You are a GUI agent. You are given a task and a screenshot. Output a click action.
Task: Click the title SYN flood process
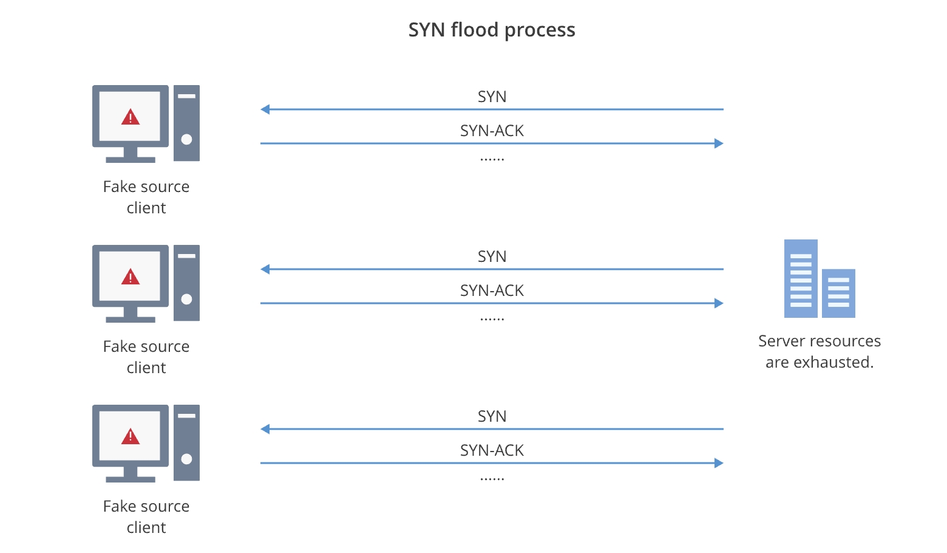pos(492,30)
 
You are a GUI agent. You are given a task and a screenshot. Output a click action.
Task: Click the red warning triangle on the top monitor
pos(131,117)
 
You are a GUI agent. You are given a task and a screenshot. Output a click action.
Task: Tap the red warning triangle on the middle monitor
pos(131,278)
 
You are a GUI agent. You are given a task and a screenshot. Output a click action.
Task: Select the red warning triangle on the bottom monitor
pos(131,437)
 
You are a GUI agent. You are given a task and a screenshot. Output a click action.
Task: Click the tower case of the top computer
pos(186,123)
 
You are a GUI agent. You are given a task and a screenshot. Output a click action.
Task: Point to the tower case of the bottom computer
pos(186,442)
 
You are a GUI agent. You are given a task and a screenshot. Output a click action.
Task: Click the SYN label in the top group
pos(492,97)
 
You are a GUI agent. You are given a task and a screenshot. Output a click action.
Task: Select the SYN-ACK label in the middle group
pos(492,290)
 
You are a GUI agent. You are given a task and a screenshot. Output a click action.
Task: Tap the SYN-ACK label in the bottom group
pos(492,450)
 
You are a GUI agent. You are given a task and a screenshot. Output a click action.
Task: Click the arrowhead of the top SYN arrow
pos(265,109)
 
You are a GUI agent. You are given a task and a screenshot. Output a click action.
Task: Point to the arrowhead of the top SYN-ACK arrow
pos(719,143)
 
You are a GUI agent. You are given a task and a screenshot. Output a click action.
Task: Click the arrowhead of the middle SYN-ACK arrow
pos(719,303)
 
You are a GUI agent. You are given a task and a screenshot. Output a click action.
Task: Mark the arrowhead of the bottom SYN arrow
pos(265,429)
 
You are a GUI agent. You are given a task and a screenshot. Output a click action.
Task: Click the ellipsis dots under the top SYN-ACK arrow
pos(492,160)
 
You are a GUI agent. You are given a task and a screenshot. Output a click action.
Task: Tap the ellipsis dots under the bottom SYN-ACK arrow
pos(492,479)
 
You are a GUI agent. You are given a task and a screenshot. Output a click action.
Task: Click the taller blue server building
pos(801,278)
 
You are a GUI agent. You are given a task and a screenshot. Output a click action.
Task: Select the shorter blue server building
pos(838,293)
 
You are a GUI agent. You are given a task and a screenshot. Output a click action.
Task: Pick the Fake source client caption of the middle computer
pos(146,357)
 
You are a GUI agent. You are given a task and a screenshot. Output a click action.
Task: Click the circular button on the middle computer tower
pos(186,299)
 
